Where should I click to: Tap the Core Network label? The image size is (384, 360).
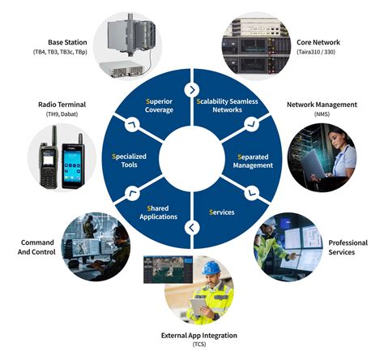318,41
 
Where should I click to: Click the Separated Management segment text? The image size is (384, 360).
253,159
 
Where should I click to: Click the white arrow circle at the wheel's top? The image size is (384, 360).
192,88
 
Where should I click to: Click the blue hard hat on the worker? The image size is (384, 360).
211,267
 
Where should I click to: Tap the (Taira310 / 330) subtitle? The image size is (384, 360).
318,51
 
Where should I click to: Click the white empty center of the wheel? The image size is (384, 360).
192,159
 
